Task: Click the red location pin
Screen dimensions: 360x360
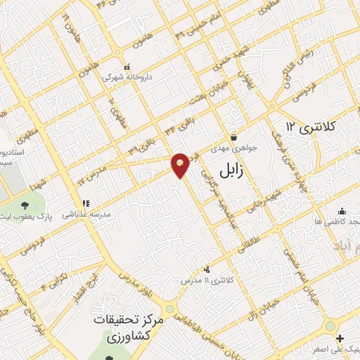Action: (x=180, y=164)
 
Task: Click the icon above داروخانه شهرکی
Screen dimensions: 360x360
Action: (x=126, y=67)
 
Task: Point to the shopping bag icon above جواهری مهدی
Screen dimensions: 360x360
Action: (x=233, y=138)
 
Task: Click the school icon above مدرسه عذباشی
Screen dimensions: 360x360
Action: (x=86, y=204)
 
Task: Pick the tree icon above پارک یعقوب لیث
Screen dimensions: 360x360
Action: (x=26, y=205)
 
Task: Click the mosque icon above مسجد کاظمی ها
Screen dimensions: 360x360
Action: (x=342, y=211)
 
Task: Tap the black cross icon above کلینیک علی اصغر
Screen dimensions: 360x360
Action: (x=340, y=337)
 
